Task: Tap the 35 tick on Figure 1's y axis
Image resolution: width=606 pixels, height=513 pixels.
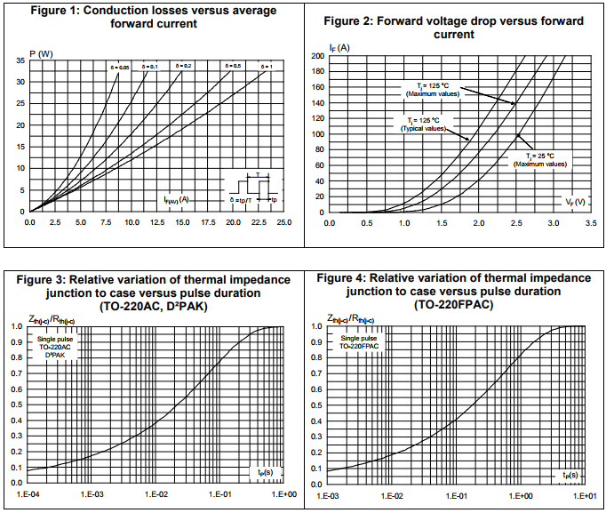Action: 20,60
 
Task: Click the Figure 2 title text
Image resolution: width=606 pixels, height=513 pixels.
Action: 453,28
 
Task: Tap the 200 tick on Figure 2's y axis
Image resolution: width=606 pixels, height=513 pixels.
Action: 317,56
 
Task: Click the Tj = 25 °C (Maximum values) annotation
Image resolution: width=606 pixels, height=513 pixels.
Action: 540,159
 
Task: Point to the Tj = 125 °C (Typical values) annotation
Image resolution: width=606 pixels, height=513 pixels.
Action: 423,124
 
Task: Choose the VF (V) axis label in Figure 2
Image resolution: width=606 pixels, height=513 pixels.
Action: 575,202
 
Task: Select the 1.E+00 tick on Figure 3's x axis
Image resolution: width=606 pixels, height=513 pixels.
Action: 283,493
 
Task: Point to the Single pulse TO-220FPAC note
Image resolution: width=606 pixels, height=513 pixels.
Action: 359,342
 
